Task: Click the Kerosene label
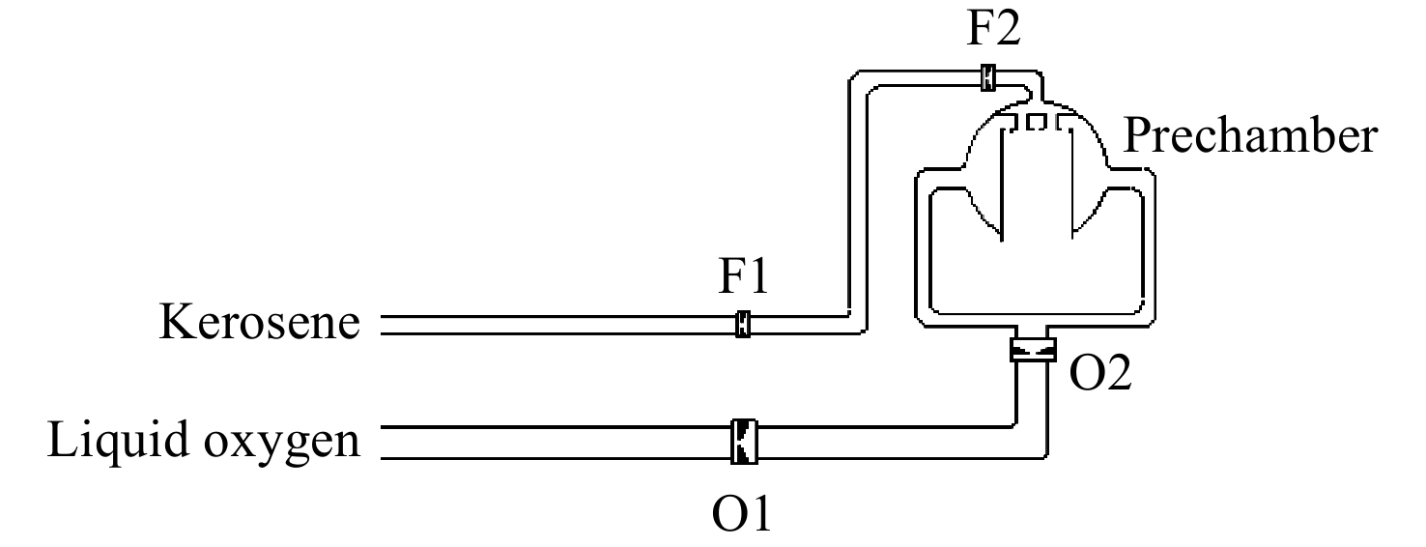[x=259, y=322]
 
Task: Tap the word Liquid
[x=119, y=440]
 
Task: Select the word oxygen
[x=282, y=444]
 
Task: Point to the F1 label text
[x=744, y=275]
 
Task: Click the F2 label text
[x=994, y=28]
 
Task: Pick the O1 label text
[x=742, y=514]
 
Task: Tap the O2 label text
[x=1100, y=372]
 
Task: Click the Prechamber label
[x=1250, y=136]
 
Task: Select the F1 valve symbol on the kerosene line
[x=742, y=324]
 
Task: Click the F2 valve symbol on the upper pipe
[x=987, y=77]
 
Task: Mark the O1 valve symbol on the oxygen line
[x=744, y=442]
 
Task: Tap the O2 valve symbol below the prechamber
[x=1033, y=350]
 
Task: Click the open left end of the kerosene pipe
[x=382, y=325]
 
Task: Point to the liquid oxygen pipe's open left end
[x=382, y=442]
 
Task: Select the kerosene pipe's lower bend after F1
[x=857, y=324]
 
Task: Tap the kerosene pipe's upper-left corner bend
[x=858, y=80]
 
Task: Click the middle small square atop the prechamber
[x=1036, y=121]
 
